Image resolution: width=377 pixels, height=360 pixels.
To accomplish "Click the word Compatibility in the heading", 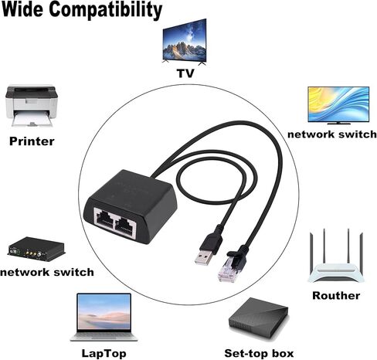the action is click(x=106, y=11).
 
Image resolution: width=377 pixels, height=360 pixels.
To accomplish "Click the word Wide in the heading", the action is click(x=22, y=9).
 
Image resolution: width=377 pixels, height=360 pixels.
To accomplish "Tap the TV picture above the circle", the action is click(x=185, y=42).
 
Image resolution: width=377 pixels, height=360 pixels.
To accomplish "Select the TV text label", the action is click(x=185, y=73).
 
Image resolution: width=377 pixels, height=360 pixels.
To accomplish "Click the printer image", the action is click(x=32, y=106).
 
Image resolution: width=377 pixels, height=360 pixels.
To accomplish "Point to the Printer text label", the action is click(x=32, y=141).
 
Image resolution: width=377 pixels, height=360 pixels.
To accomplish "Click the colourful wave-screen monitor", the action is click(x=338, y=106).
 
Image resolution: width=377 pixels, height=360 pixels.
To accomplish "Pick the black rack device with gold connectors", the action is click(x=36, y=247).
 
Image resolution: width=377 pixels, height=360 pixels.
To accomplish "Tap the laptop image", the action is click(x=104, y=318).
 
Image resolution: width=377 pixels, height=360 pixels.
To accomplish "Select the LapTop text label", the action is click(x=104, y=353).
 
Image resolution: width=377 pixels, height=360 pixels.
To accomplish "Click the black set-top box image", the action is click(x=258, y=320).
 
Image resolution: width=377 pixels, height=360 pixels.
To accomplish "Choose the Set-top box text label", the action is click(x=259, y=353).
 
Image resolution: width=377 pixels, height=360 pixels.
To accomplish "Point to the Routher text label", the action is click(x=336, y=296).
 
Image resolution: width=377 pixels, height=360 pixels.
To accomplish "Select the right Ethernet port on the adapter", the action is click(x=125, y=225).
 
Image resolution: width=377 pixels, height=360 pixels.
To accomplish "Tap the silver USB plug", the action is click(x=204, y=257).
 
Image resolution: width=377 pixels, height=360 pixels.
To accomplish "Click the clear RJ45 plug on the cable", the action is click(x=227, y=270).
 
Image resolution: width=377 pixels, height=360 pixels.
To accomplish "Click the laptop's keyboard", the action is click(x=104, y=335).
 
